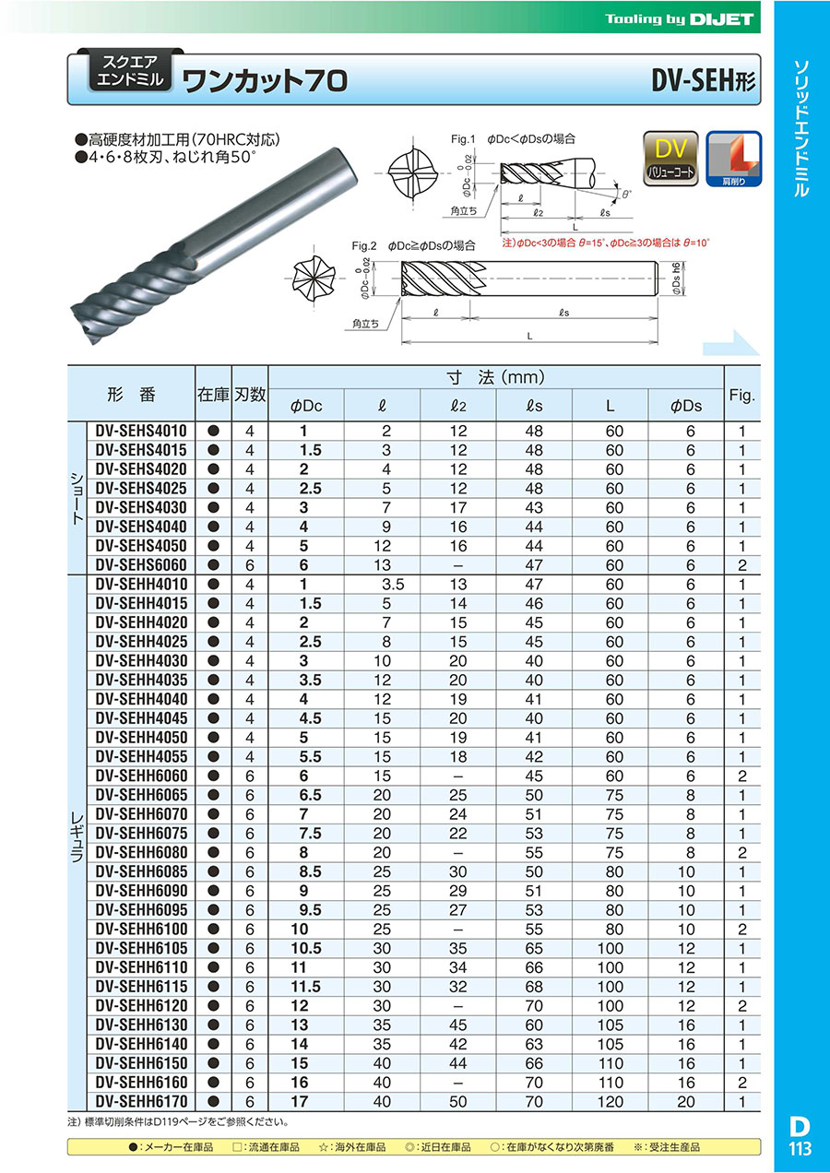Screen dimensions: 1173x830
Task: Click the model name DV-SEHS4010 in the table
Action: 140,431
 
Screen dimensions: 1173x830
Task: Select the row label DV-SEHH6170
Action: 140,1101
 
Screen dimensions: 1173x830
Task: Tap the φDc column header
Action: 306,406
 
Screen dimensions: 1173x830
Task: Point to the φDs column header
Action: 687,406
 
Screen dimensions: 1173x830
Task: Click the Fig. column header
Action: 741,396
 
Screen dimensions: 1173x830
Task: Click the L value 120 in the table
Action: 611,1101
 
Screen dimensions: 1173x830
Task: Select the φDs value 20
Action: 687,1101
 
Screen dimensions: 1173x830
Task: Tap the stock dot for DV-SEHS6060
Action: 213,565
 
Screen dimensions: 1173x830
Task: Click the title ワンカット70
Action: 265,82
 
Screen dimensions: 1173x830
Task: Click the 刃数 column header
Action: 249,395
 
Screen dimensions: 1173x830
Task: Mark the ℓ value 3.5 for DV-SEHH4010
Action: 393,584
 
